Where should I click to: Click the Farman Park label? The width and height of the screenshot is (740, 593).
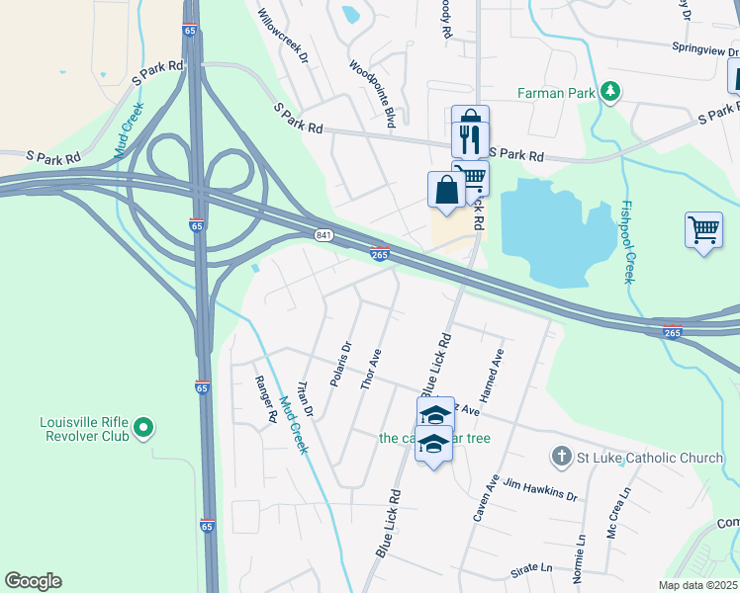(557, 93)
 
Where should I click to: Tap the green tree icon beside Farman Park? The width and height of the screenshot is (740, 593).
(611, 92)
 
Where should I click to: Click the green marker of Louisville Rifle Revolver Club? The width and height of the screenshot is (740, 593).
(143, 428)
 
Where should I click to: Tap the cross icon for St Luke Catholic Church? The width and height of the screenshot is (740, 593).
(561, 457)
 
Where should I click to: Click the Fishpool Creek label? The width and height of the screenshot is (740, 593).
(626, 243)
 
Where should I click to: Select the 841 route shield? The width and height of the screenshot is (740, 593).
(324, 234)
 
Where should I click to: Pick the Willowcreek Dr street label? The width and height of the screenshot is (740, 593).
(284, 34)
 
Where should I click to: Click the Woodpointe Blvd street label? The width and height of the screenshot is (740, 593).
(372, 93)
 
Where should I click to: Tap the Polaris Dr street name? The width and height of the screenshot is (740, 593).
(340, 365)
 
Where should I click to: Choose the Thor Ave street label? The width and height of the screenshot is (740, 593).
(371, 369)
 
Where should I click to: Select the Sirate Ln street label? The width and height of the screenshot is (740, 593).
(531, 568)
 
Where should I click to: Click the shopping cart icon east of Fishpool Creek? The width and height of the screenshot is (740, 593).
(702, 231)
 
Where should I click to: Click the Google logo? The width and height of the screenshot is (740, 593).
(33, 581)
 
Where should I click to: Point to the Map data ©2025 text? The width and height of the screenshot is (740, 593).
(697, 585)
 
